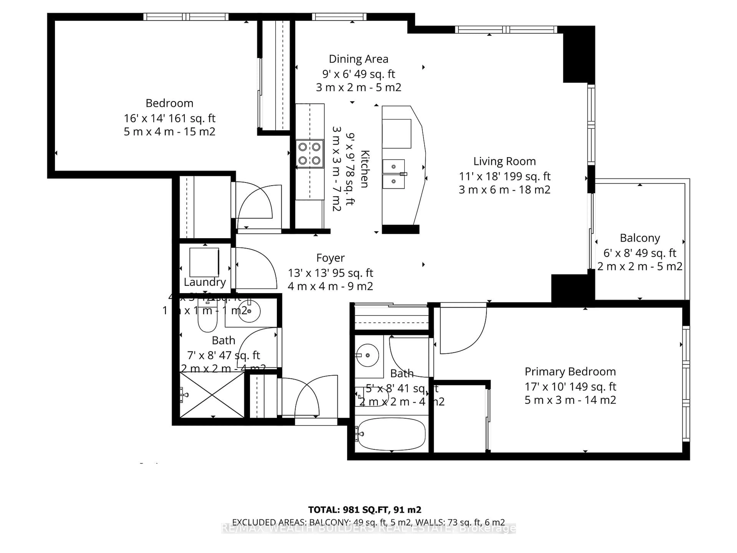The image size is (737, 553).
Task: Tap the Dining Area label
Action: (359, 59)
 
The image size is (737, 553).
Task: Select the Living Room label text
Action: (504, 161)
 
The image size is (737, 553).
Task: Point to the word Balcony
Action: (640, 238)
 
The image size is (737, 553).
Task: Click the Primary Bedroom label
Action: (570, 372)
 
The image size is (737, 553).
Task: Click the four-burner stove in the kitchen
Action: (310, 153)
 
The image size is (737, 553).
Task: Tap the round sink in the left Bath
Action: (249, 311)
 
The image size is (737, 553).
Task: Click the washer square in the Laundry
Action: (204, 262)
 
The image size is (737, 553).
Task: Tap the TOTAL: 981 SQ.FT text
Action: (364, 510)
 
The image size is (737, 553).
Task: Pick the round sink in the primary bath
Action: (368, 355)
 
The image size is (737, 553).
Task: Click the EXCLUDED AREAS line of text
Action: (368, 522)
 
